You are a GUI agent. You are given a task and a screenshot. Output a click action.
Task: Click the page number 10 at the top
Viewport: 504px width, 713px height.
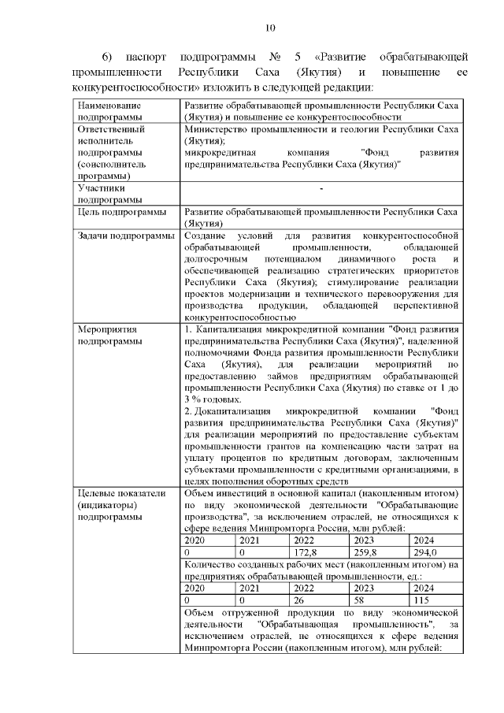(269, 29)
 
